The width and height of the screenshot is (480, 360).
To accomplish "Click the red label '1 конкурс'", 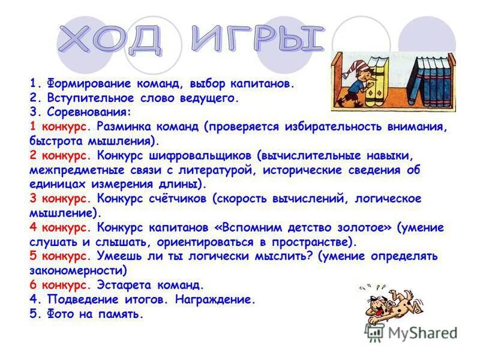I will pyautogui.click(x=59, y=127).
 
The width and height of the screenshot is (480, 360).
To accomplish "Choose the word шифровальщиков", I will pyautogui.click(x=208, y=155).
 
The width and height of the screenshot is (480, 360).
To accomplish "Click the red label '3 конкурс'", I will pyautogui.click(x=59, y=199).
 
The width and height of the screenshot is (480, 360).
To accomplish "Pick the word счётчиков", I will pyautogui.click(x=174, y=199).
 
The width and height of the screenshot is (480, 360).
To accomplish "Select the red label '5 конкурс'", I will pyautogui.click(x=59, y=256).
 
